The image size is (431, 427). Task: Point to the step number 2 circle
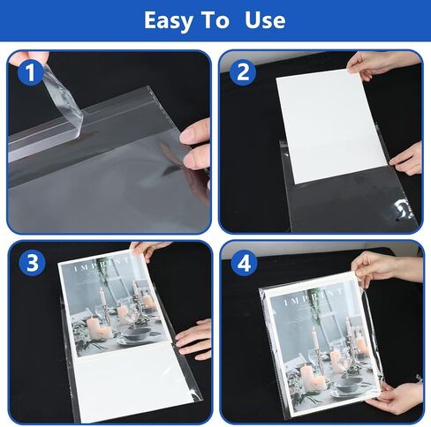click(x=242, y=73)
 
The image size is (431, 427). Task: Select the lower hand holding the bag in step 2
click(x=407, y=159)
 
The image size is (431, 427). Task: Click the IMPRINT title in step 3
click(x=96, y=265)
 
